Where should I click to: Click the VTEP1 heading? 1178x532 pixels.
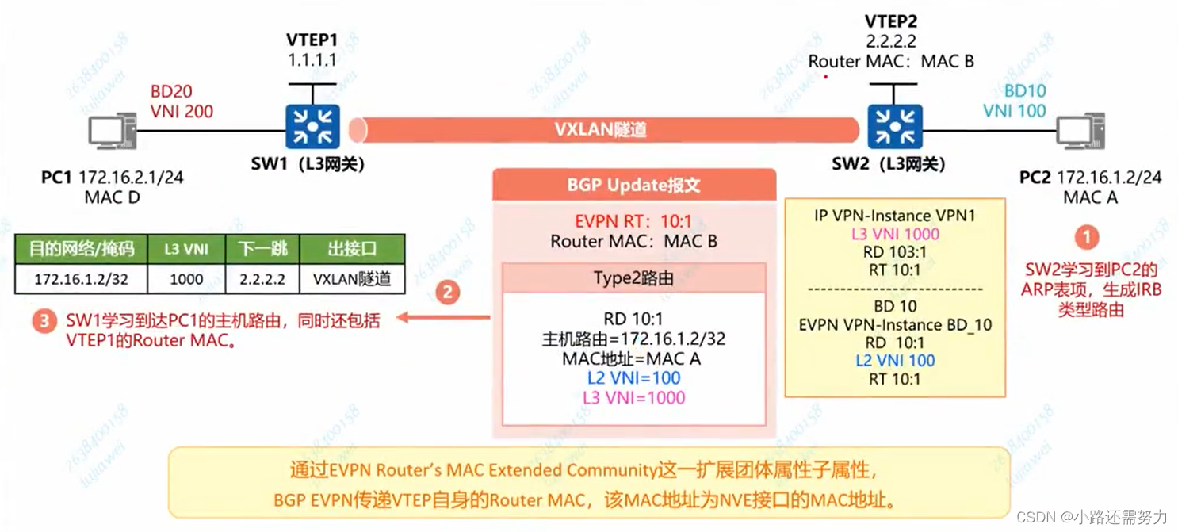click(312, 39)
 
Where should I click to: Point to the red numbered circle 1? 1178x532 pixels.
click(1086, 237)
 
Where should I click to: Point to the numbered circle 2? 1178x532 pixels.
click(446, 293)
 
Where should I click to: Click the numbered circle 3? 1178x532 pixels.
click(44, 322)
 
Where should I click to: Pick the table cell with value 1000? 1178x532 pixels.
click(186, 279)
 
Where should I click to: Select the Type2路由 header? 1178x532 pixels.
click(633, 278)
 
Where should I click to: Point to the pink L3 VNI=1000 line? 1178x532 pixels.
click(633, 397)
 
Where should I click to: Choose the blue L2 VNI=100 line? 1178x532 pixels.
click(633, 378)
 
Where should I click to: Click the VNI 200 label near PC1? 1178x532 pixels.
click(182, 112)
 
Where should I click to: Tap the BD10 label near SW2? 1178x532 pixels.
click(1025, 91)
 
